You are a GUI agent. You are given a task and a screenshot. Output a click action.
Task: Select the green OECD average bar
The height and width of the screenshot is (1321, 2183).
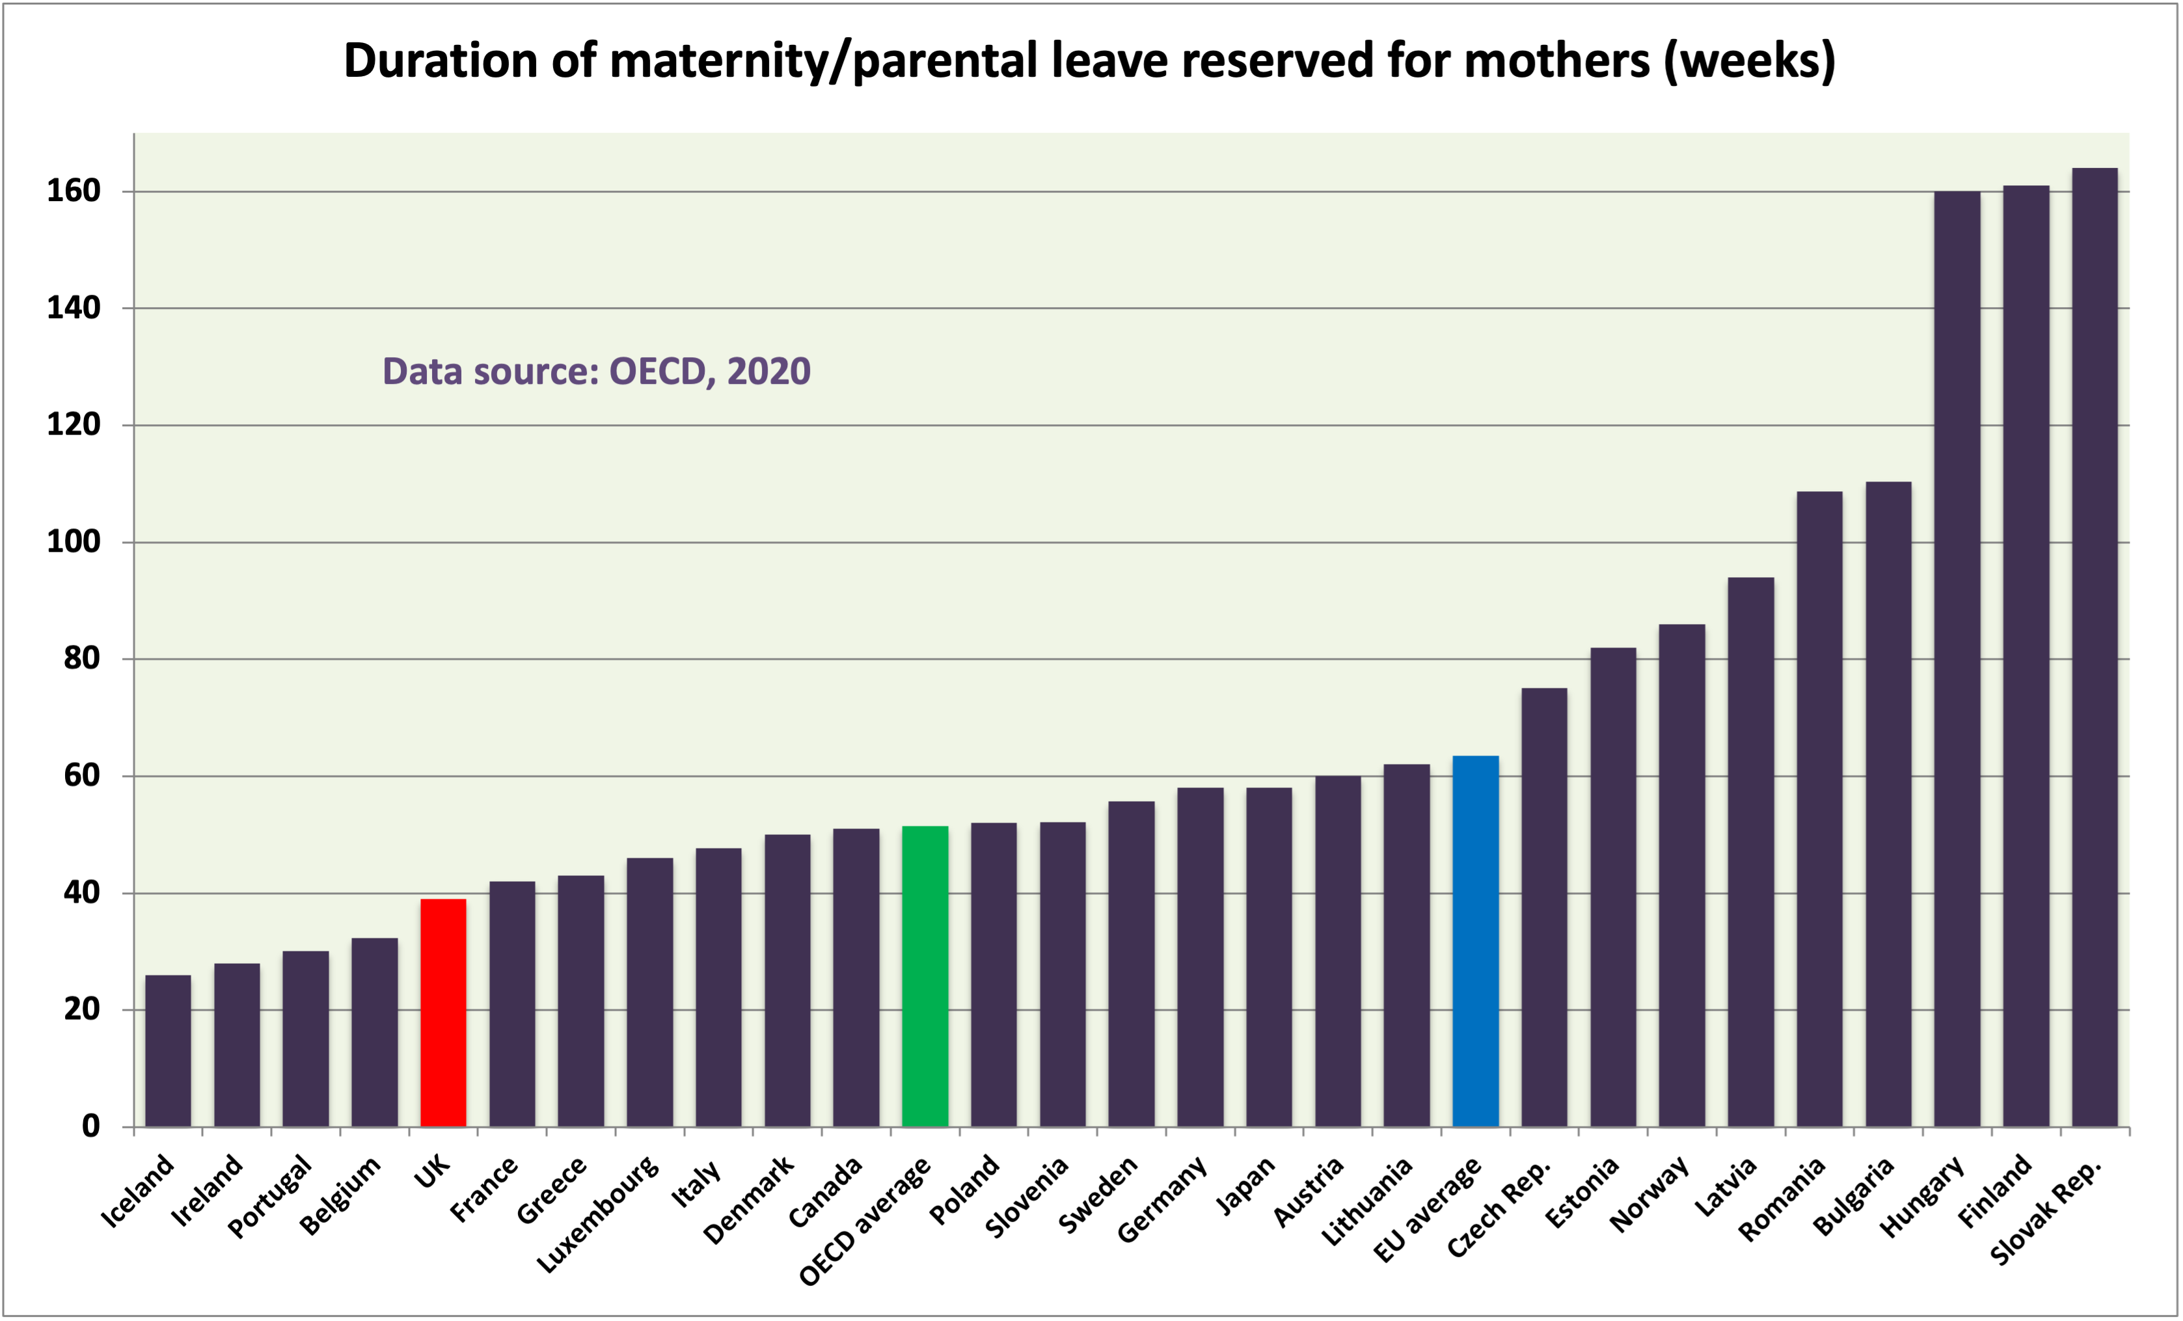point(925,976)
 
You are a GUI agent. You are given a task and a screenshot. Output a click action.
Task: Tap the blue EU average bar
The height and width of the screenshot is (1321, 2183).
point(1476,941)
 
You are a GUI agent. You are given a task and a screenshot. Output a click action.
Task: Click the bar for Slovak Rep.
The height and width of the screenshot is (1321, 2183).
point(2095,647)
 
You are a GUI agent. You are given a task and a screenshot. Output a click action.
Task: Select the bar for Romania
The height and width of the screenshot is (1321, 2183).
point(1820,809)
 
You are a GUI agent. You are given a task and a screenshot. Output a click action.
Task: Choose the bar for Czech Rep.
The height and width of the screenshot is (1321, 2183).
point(1544,907)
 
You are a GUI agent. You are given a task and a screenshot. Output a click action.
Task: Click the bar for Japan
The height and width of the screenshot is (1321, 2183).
point(1269,957)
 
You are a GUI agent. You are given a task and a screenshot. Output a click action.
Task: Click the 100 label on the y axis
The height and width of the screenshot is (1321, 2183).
point(74,541)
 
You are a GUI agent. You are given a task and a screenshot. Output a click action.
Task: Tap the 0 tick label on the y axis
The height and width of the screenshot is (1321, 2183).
point(90,1126)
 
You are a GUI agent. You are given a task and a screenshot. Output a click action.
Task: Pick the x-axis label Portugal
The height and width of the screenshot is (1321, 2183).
point(270,1196)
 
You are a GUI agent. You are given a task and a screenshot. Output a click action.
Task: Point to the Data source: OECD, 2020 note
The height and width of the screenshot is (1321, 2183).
point(596,371)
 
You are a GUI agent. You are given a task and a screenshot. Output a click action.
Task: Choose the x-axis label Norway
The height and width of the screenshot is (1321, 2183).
point(1649,1194)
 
